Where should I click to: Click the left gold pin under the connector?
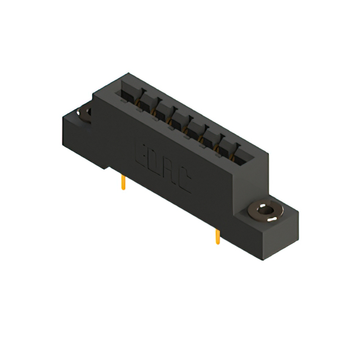(123, 183)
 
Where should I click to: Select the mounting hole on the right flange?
(264, 212)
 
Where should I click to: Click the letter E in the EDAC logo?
(140, 152)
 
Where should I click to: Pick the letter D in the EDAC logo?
(155, 161)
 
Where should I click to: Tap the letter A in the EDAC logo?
(169, 172)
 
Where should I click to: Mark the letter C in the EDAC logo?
(184, 182)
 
